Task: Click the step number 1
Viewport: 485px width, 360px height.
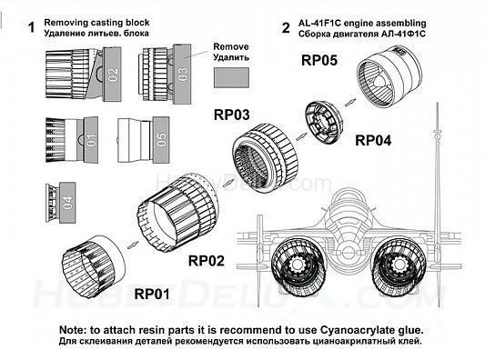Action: [x=31, y=27]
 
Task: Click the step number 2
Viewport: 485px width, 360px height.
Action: [x=286, y=27]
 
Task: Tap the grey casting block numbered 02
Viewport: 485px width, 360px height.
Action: [x=112, y=75]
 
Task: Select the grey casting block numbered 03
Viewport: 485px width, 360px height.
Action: [x=182, y=75]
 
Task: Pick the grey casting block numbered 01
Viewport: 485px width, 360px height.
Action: [x=91, y=139]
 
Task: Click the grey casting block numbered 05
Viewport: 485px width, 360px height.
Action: [x=161, y=140]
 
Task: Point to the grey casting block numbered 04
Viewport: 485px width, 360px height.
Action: [x=67, y=203]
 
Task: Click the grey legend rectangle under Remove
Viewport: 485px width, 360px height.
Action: [x=231, y=77]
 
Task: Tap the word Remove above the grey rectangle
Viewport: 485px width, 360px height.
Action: [x=231, y=46]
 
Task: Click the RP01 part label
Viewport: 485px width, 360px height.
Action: [x=152, y=294]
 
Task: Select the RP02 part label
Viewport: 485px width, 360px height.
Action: [x=207, y=261]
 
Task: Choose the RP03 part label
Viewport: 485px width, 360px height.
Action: [x=232, y=115]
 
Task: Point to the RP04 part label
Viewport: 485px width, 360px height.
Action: [x=373, y=140]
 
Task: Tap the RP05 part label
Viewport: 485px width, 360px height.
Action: [x=319, y=60]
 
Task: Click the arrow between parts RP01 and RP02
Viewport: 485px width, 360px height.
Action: [x=133, y=245]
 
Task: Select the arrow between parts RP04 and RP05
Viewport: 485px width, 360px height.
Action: [x=350, y=102]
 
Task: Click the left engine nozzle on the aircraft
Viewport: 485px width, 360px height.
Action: [x=298, y=266]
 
